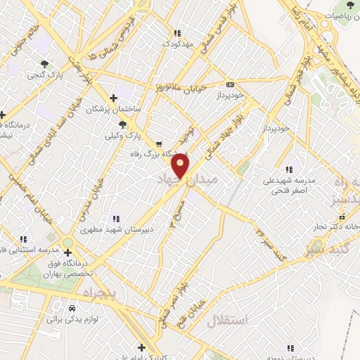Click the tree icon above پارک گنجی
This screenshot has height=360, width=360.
(46, 62)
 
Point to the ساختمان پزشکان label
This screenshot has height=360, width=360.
(114, 110)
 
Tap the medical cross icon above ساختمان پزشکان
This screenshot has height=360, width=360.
(113, 98)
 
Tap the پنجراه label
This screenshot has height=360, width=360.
(93, 292)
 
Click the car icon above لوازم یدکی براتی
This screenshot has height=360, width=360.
(72, 308)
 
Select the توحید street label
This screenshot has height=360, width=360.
(185, 131)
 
